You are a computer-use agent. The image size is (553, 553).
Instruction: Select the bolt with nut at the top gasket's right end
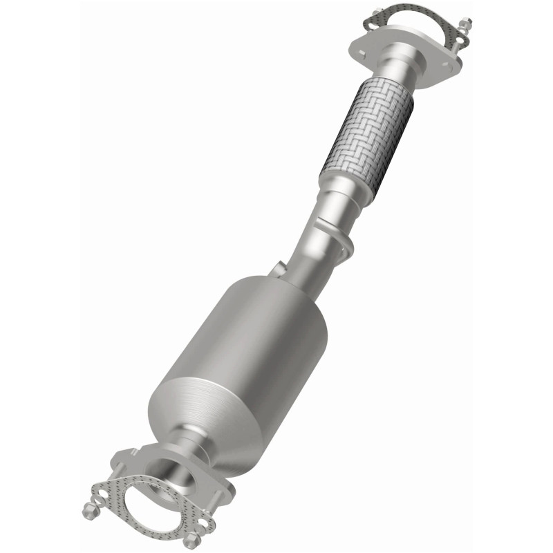pyautogui.click(x=465, y=28)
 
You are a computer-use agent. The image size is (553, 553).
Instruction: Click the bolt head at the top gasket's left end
pyautogui.click(x=377, y=12)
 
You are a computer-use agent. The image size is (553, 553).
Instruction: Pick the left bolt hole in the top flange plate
pyautogui.click(x=362, y=44)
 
